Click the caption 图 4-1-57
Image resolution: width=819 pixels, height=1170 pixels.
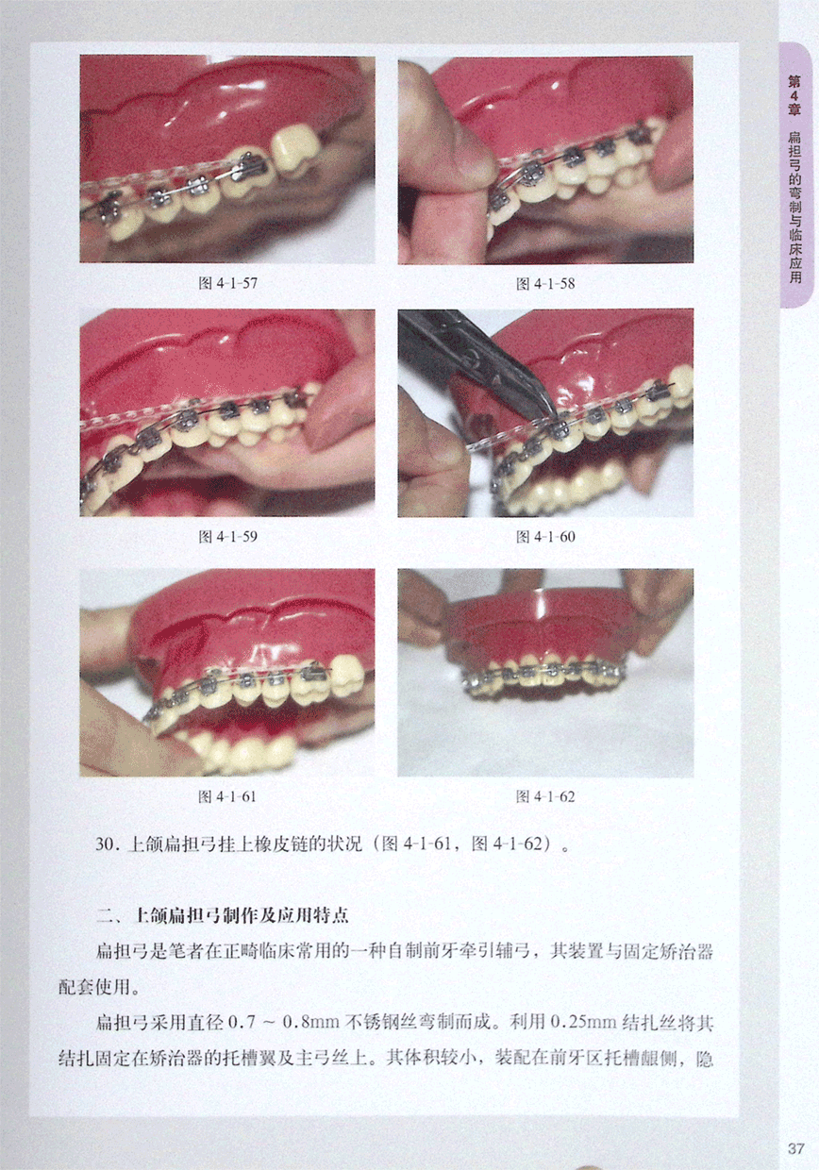[227, 284]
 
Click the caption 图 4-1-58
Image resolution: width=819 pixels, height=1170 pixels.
[545, 284]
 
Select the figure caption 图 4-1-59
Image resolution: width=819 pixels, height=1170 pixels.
[227, 537]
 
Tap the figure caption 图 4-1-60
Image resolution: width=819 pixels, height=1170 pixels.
[545, 537]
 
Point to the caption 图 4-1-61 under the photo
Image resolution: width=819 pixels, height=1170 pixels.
[227, 796]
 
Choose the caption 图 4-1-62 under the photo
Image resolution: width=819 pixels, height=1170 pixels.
[545, 796]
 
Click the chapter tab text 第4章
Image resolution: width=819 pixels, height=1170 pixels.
[794, 95]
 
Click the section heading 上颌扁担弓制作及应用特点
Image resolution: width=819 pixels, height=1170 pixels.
[242, 915]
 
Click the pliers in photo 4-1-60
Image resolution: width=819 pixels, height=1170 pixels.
[481, 360]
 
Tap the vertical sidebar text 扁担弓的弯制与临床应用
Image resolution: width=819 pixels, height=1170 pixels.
[794, 207]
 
